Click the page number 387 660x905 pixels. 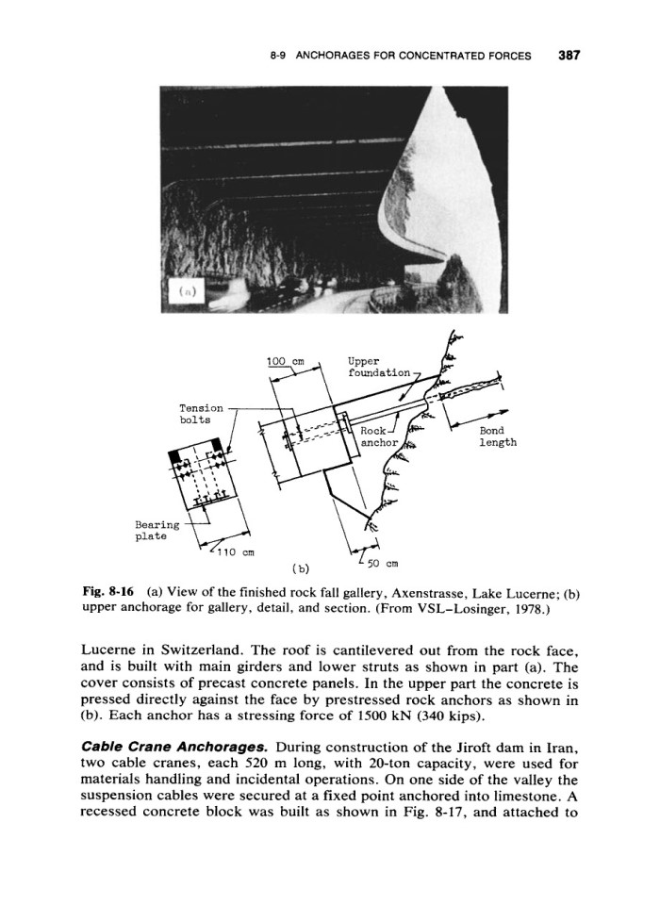point(568,55)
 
